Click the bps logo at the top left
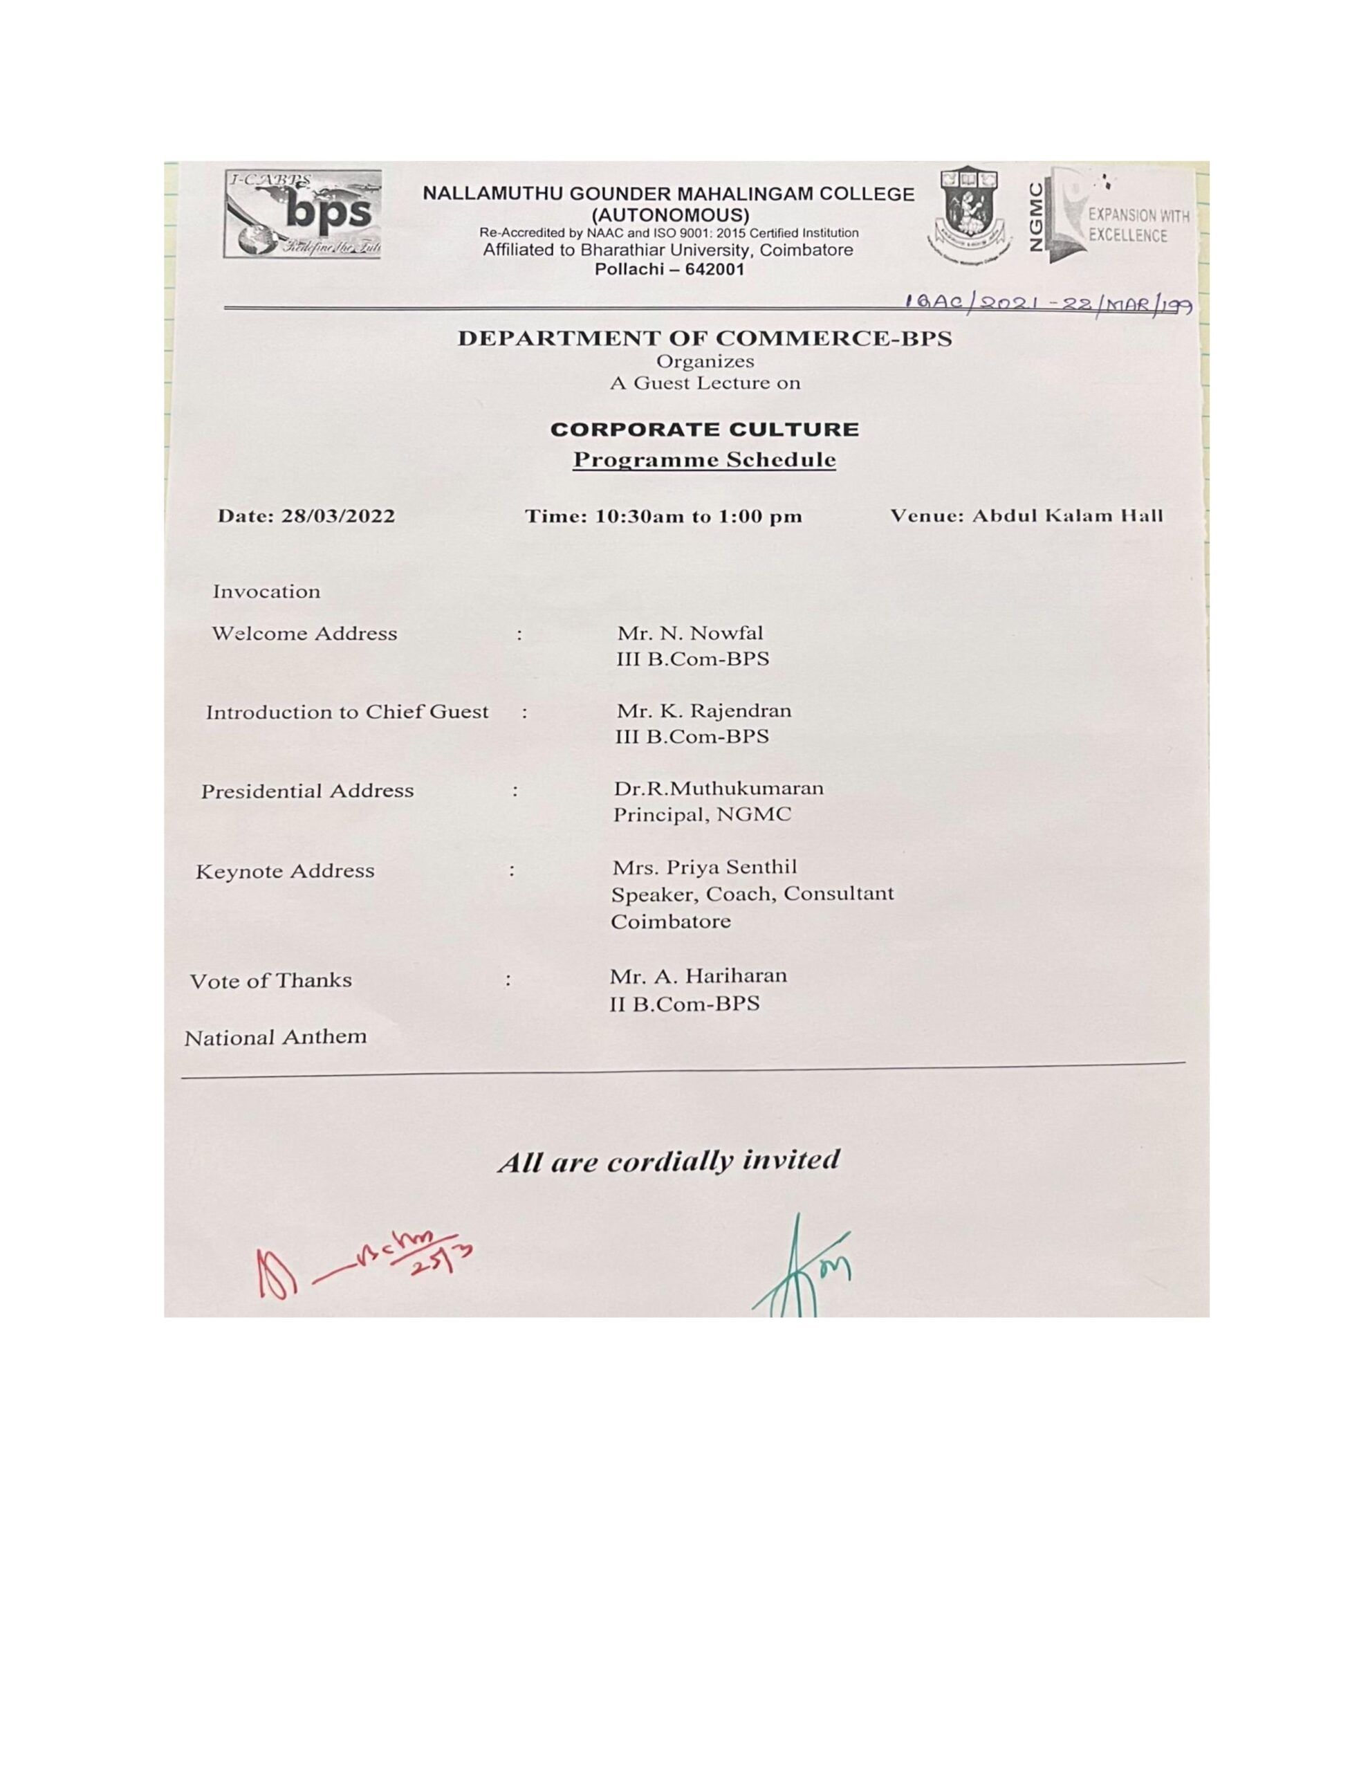click(x=302, y=214)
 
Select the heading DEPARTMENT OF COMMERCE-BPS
click(x=704, y=338)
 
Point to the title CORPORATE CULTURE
click(x=704, y=429)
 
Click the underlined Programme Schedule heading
click(x=704, y=460)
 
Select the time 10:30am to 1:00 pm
click(x=699, y=517)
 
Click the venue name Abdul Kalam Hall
click(x=1067, y=515)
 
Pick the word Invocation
click(x=266, y=592)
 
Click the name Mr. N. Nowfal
click(x=690, y=632)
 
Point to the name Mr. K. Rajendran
click(x=703, y=711)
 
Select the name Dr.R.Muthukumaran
click(x=718, y=788)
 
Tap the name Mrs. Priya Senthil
click(x=704, y=867)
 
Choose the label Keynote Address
click(x=285, y=871)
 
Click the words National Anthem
click(x=275, y=1037)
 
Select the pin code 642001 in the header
click(x=711, y=269)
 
